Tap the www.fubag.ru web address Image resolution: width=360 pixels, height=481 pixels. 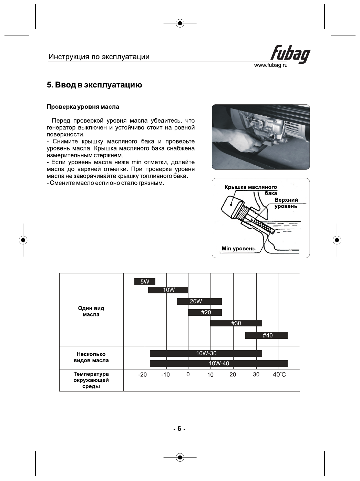[270, 65]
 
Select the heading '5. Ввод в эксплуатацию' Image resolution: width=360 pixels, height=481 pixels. [94, 85]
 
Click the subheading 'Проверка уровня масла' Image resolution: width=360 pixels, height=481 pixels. [83, 107]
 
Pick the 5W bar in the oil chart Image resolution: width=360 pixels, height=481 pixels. [145, 282]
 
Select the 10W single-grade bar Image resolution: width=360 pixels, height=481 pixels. [168, 290]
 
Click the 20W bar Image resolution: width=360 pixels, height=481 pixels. [199, 301]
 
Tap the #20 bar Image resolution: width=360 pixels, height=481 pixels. [205, 312]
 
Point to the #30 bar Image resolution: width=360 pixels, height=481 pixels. [236, 323]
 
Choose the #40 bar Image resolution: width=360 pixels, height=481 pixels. [266, 335]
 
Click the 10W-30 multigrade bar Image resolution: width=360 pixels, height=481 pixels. [206, 353]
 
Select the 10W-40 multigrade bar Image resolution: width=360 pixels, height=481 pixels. [218, 363]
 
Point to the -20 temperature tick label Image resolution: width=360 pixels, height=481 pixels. [142, 375]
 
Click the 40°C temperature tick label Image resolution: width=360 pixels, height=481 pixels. [279, 375]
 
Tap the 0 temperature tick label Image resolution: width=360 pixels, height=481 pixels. [188, 374]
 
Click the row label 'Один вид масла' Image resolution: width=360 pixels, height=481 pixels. [91, 311]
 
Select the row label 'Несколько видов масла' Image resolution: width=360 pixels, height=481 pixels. [91, 357]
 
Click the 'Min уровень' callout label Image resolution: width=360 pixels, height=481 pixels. [238, 249]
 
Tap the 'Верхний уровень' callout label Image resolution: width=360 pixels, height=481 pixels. [286, 203]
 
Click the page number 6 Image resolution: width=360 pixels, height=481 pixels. [179, 429]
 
